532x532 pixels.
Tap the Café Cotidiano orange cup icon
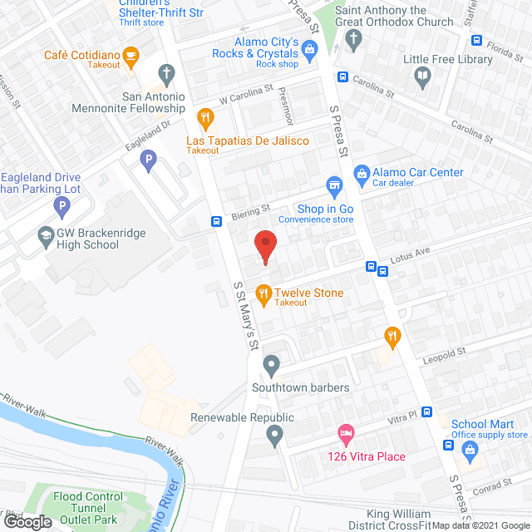[x=130, y=56]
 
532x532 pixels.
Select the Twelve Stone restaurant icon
[x=264, y=292]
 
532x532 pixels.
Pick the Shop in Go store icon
[x=334, y=185]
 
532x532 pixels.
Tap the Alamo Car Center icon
[x=362, y=173]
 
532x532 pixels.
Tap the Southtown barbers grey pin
[x=272, y=364]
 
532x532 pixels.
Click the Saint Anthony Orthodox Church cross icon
[x=353, y=39]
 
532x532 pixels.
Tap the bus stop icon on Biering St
[x=216, y=221]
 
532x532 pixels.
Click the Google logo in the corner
[x=27, y=521]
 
